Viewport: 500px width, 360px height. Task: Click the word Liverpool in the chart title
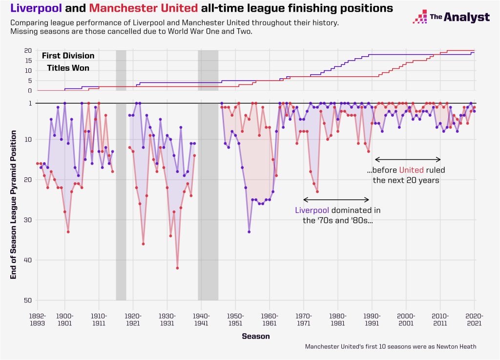tap(36, 8)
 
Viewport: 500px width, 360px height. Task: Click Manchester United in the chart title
tap(144, 8)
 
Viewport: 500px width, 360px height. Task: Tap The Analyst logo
tap(451, 17)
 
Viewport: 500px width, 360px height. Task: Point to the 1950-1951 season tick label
tap(235, 319)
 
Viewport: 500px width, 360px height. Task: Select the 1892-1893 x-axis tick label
tap(37, 319)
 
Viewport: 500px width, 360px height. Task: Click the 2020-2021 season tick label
tap(475, 319)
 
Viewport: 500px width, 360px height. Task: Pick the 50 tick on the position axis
tap(28, 300)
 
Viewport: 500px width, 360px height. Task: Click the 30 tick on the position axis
tap(28, 220)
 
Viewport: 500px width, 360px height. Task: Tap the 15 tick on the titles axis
tap(28, 61)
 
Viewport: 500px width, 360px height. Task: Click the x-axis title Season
tap(256, 336)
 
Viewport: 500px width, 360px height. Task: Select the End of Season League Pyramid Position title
tap(13, 205)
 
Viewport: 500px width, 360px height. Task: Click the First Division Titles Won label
tap(68, 62)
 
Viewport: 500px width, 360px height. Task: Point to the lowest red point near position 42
tap(177, 268)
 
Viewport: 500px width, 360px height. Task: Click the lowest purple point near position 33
tap(249, 232)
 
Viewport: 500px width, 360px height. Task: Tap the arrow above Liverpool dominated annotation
tap(336, 200)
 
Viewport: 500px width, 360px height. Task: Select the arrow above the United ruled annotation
tap(408, 159)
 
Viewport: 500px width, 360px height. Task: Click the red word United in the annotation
tap(411, 170)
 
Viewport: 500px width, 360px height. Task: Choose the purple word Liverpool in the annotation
tap(312, 210)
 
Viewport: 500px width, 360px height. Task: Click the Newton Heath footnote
tap(391, 347)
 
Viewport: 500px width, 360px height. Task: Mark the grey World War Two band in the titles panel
tap(208, 70)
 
